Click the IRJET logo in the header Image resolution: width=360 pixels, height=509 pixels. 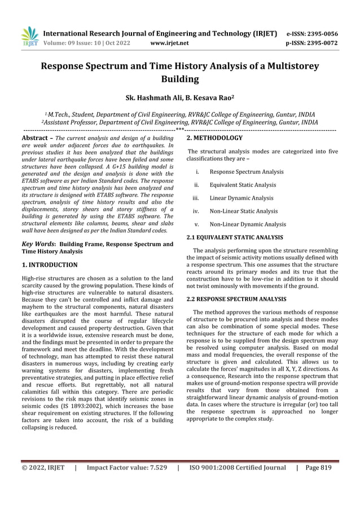point(29,37)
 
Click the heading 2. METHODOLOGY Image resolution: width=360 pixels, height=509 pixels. point(214,138)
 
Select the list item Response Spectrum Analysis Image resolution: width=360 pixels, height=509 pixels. point(246,172)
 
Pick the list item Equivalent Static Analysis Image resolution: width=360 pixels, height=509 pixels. point(243,185)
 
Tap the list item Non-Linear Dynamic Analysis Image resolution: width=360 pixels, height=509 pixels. point(247,224)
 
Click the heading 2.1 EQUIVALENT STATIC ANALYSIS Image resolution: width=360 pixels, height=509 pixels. point(235,238)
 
